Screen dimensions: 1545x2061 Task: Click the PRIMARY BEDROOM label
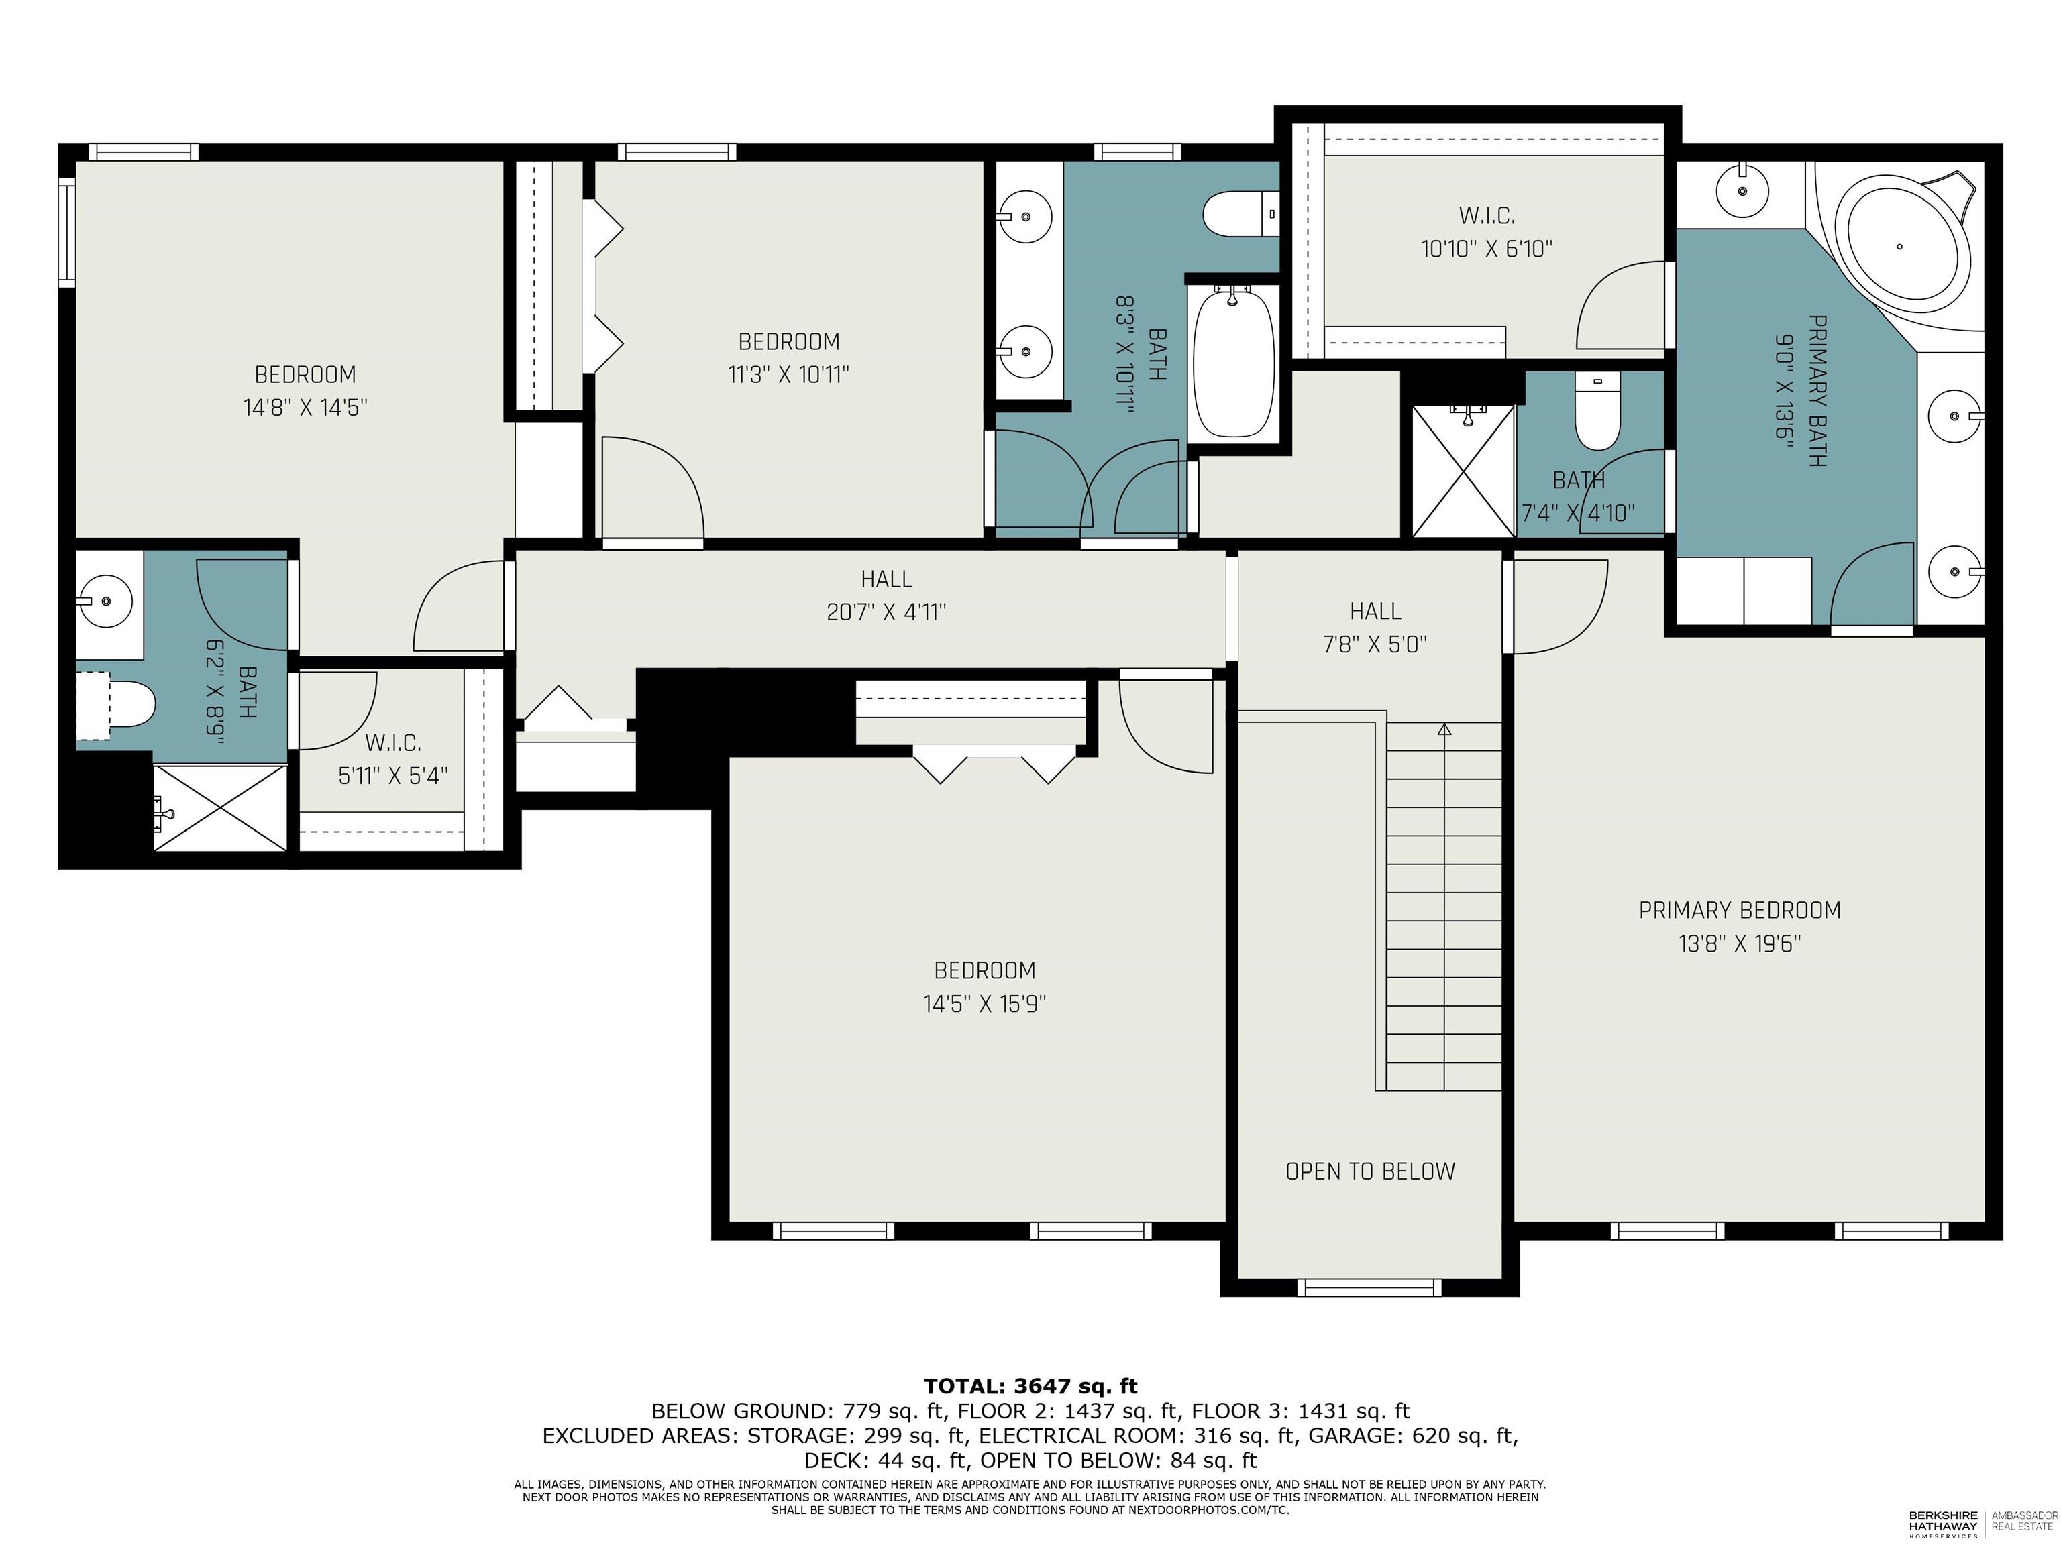click(x=1738, y=910)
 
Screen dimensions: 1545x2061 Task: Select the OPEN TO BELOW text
click(x=1370, y=1171)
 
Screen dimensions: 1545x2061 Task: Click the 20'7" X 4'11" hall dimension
click(x=886, y=612)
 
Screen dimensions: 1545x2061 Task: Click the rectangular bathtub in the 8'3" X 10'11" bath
click(x=1232, y=361)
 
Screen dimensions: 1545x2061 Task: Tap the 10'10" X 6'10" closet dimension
click(x=1486, y=249)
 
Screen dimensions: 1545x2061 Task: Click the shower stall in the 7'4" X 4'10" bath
click(x=1463, y=471)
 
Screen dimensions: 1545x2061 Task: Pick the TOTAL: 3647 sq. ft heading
click(x=1030, y=1387)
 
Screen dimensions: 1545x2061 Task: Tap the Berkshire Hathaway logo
click(x=1943, y=1524)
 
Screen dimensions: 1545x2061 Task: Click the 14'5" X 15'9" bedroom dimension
click(x=985, y=1004)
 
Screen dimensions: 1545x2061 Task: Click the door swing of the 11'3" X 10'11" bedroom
click(x=652, y=489)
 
